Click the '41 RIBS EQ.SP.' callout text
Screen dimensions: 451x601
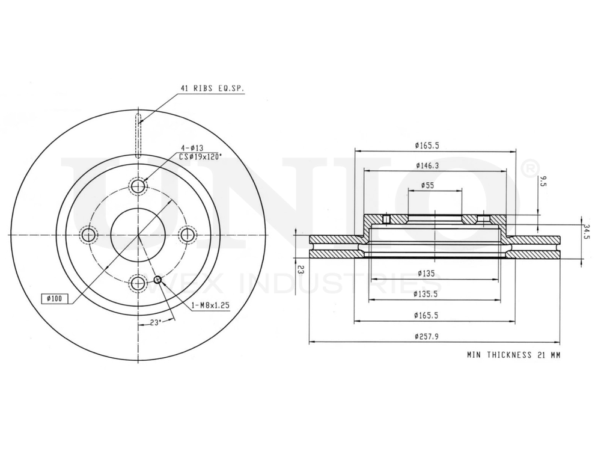pyautogui.click(x=213, y=88)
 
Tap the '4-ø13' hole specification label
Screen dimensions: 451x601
pyautogui.click(x=192, y=148)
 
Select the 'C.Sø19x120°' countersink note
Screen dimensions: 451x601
pyautogui.click(x=201, y=156)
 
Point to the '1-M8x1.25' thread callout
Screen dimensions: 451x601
pyautogui.click(x=210, y=305)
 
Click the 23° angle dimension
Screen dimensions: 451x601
pyautogui.click(x=155, y=323)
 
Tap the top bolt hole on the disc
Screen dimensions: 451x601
pyautogui.click(x=138, y=186)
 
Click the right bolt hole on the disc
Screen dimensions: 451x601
pyautogui.click(x=188, y=235)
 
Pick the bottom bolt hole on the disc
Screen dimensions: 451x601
pyautogui.click(x=138, y=281)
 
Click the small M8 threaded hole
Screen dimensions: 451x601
pyautogui.click(x=158, y=279)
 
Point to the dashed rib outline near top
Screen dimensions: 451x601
pyautogui.click(x=138, y=135)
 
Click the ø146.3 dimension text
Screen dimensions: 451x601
pyautogui.click(x=427, y=165)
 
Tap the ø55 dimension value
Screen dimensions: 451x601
pyautogui.click(x=427, y=185)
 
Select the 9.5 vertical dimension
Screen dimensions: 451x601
pyautogui.click(x=543, y=182)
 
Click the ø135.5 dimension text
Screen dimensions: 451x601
pyautogui.click(x=427, y=294)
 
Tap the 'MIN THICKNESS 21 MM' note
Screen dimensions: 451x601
pyautogui.click(x=513, y=355)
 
